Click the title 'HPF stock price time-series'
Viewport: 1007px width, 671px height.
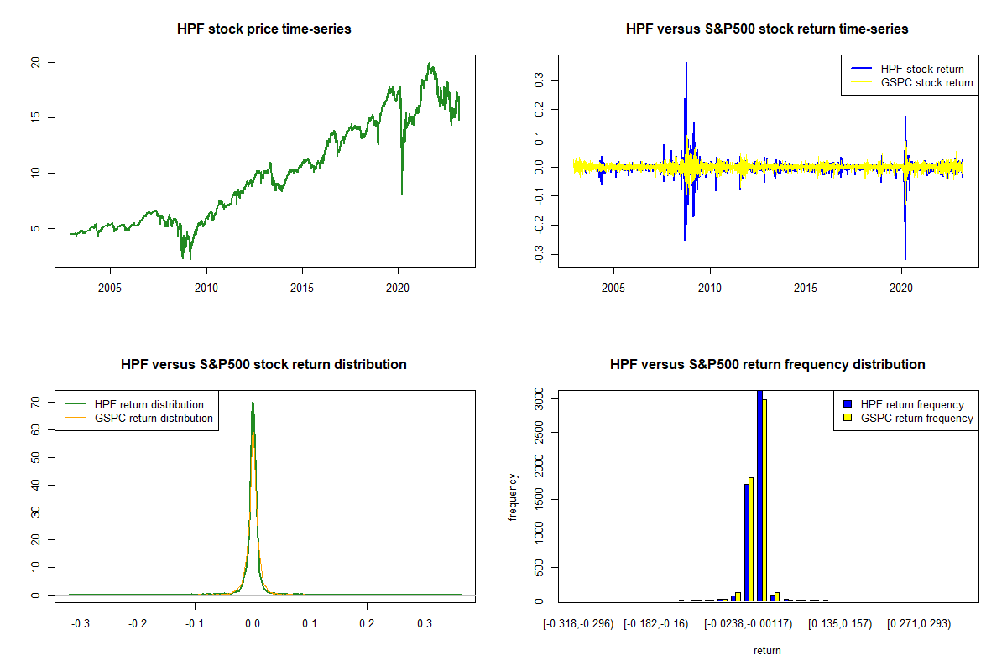pyautogui.click(x=263, y=29)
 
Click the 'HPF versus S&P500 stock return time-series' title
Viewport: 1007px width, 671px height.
pyautogui.click(x=767, y=29)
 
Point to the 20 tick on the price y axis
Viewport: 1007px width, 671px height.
pyautogui.click(x=35, y=62)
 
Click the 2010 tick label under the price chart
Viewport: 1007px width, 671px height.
pyautogui.click(x=206, y=287)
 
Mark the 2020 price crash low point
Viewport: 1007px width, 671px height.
pyautogui.click(x=402, y=194)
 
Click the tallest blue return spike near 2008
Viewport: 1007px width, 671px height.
pyautogui.click(x=686, y=63)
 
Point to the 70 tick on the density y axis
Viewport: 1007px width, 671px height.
pyautogui.click(x=35, y=403)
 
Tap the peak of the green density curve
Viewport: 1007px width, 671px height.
pyautogui.click(x=253, y=403)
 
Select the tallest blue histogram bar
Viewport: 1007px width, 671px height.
pyautogui.click(x=759, y=495)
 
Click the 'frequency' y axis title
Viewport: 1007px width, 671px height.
pyautogui.click(x=513, y=497)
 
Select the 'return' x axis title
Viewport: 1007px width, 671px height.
pyautogui.click(x=767, y=650)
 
